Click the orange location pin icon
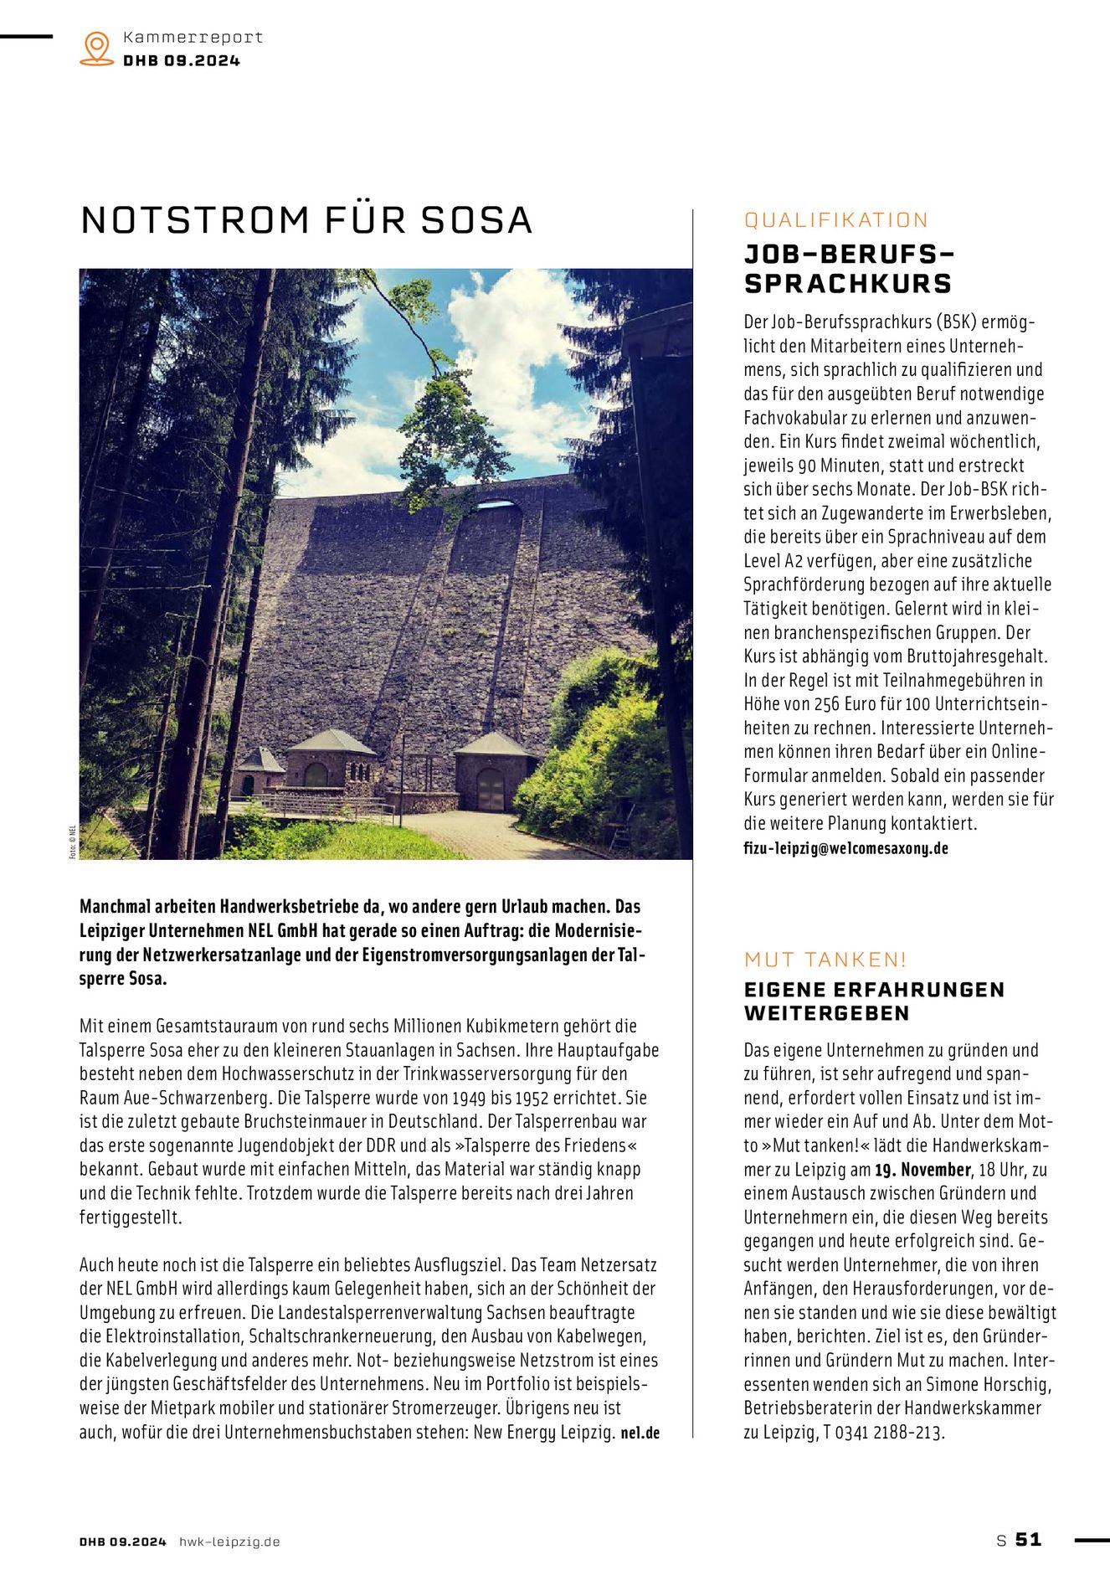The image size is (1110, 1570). pos(97,48)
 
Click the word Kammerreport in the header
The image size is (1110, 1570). pos(193,37)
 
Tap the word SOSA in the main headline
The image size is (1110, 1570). pos(476,220)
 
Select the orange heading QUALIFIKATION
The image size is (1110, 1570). pos(836,220)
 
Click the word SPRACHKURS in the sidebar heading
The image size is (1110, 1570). pos(848,284)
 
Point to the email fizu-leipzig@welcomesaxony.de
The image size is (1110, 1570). pos(845,847)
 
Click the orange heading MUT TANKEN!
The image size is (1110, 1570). pos(825,960)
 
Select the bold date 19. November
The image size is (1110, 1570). pos(922,1170)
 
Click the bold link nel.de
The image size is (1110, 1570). pos(640,1433)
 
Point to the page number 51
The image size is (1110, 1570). pos(1029,1539)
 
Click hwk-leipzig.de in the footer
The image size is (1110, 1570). pos(229,1542)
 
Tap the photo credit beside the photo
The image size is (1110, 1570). pos(73,842)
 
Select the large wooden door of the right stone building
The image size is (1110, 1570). pos(491,790)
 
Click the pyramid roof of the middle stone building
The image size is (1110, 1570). pos(332,741)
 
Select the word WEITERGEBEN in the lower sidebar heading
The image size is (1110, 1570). pos(826,1013)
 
